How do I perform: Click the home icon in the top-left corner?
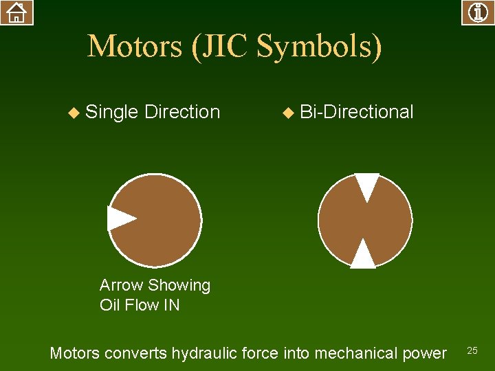click(x=16, y=12)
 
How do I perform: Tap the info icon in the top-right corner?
click(x=478, y=12)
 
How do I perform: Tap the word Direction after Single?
click(x=182, y=111)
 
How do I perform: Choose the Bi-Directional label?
click(x=357, y=111)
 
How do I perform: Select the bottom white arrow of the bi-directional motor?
click(x=363, y=255)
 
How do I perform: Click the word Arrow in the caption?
click(x=121, y=285)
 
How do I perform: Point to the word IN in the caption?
click(x=171, y=304)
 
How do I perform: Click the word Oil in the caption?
click(x=109, y=304)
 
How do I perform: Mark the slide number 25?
click(x=472, y=351)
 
